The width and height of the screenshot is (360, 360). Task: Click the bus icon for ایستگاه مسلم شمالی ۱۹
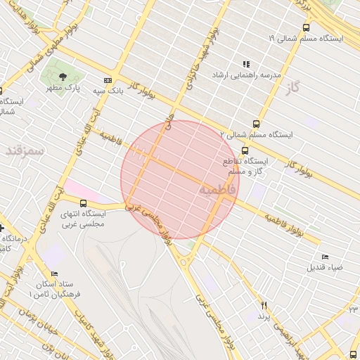point(305,27)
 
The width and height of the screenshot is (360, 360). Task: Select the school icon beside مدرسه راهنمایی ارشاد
point(246,64)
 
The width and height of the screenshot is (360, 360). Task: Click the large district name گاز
point(293,89)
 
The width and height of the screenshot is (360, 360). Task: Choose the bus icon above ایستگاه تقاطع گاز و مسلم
point(245,150)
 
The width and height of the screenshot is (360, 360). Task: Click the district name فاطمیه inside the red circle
point(214,190)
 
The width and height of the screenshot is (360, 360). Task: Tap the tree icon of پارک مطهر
point(64,77)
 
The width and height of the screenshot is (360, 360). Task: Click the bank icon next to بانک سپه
point(107,80)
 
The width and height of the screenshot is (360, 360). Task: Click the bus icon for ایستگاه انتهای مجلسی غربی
point(84,203)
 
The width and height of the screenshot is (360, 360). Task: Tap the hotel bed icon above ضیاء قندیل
point(324,257)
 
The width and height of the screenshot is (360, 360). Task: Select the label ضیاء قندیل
point(324,267)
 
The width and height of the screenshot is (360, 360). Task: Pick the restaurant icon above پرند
point(264,305)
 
